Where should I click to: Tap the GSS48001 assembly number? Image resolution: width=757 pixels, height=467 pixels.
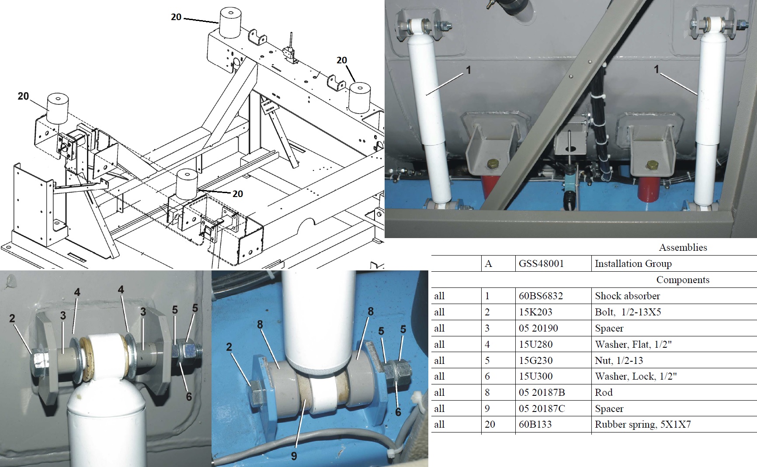click(541, 263)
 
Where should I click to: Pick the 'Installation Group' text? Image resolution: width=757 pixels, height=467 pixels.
click(633, 263)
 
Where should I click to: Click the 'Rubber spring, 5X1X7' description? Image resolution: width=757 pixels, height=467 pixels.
click(642, 424)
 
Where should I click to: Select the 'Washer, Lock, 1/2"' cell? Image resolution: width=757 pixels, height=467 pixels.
click(635, 376)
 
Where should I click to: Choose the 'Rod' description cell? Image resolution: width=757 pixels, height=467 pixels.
click(604, 392)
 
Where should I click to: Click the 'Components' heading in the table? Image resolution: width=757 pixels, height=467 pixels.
click(683, 280)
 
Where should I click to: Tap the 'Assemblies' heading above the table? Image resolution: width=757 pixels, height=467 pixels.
click(683, 247)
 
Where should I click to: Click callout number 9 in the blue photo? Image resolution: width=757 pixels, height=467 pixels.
click(294, 456)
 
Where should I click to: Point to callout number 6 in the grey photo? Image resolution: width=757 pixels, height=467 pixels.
click(189, 396)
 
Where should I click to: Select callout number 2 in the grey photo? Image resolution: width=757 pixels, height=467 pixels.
click(12, 318)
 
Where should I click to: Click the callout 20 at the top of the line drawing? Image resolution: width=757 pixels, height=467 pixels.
click(176, 17)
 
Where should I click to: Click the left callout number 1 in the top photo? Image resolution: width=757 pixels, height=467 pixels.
click(469, 70)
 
